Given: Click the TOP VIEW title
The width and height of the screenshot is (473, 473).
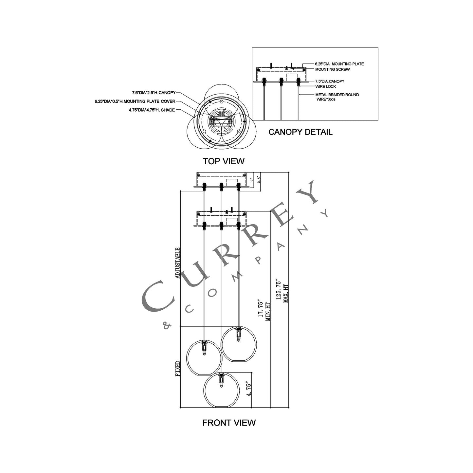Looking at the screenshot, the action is click(224, 161).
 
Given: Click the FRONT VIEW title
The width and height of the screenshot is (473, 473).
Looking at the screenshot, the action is click(229, 429).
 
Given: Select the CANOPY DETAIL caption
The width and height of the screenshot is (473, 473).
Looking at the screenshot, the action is click(300, 132).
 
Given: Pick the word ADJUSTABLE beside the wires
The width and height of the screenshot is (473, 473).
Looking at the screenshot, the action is click(177, 263).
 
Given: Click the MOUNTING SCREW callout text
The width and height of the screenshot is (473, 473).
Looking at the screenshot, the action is click(332, 69).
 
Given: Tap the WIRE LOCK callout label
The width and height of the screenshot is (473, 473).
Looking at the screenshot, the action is click(325, 86).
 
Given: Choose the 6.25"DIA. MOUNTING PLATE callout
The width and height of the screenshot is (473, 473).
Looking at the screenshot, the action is click(339, 64).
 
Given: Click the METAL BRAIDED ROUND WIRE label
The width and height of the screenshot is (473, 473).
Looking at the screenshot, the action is click(337, 97).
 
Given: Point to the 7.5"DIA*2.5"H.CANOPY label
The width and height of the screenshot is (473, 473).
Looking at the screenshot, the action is click(154, 93).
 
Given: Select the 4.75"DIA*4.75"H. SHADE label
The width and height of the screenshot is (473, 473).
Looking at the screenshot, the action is click(152, 110).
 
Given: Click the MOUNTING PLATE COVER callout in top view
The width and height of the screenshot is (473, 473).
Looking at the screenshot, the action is click(135, 101).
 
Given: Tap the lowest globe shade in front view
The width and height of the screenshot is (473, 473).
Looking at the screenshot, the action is click(222, 391).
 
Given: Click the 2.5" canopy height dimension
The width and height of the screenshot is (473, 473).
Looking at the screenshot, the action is click(258, 179).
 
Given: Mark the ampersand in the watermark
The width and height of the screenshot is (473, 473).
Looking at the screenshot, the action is click(167, 326).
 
